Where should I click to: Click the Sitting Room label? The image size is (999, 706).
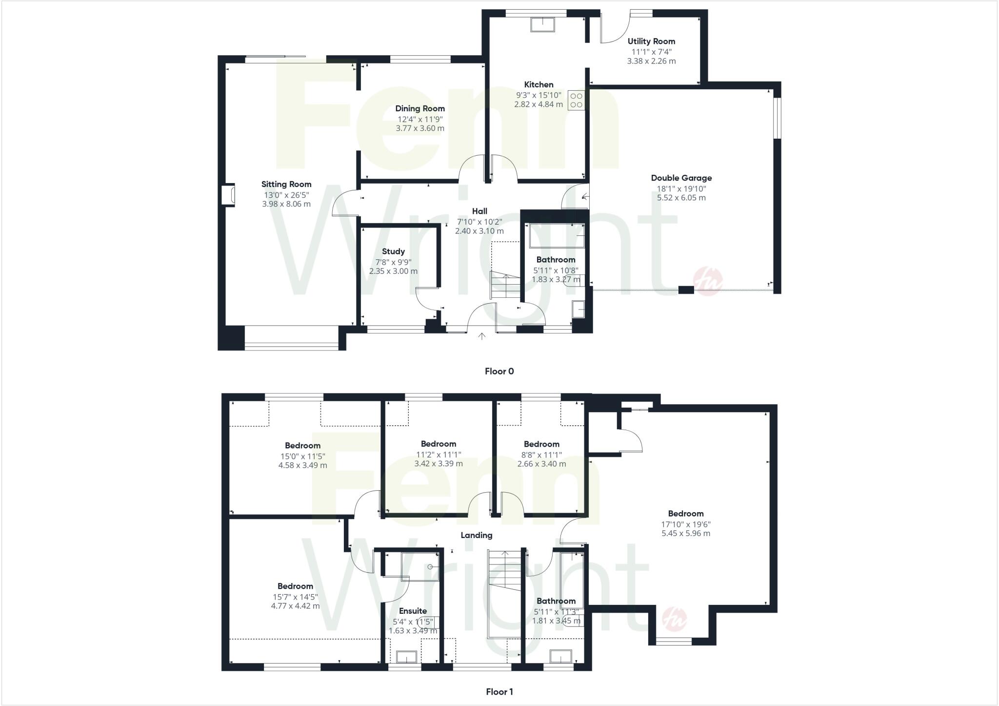(286, 184)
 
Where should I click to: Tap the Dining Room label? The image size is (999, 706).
(420, 108)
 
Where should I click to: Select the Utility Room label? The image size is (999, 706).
(651, 42)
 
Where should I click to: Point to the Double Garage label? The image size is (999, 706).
(681, 178)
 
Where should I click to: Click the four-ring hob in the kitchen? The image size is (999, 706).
(576, 100)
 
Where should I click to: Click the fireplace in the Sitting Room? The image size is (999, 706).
(228, 195)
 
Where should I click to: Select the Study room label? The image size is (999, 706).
(393, 251)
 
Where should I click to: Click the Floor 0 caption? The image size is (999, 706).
(499, 371)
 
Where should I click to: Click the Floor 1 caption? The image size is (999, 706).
(499, 691)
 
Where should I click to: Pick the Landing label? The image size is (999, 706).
(477, 535)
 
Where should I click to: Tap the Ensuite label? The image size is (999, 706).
(413, 611)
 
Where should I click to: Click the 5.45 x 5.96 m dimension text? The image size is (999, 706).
(686, 534)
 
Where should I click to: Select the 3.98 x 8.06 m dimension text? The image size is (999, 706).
(286, 204)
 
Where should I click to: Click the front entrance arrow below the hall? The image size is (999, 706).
(482, 336)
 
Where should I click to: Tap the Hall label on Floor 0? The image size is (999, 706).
(480, 211)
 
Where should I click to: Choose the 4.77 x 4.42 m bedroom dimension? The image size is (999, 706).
(295, 606)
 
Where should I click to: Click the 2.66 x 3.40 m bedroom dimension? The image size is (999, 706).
(541, 463)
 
